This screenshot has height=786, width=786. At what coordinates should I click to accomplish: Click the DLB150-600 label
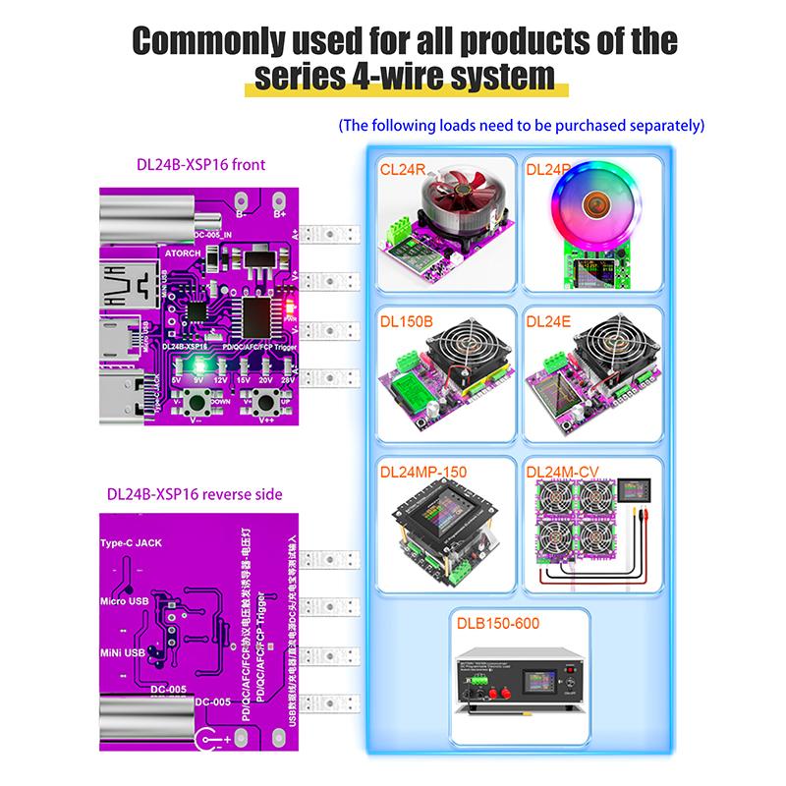tap(497, 622)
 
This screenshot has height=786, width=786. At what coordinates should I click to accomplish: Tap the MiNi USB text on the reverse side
tap(122, 651)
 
